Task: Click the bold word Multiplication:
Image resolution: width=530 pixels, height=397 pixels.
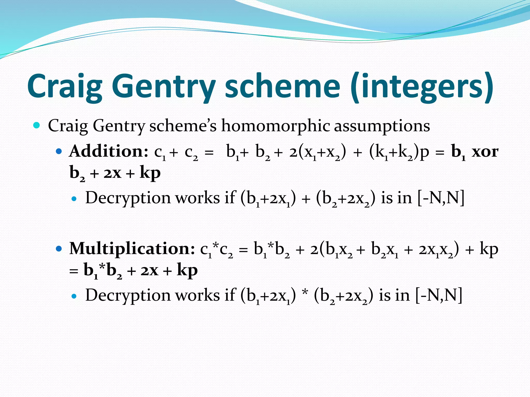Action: (132, 249)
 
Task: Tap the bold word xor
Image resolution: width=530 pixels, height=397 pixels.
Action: (485, 152)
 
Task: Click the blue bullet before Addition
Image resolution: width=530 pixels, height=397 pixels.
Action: (59, 151)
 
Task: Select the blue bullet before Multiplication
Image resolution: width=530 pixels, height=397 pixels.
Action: (59, 249)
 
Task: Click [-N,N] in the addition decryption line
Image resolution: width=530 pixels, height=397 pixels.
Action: (441, 198)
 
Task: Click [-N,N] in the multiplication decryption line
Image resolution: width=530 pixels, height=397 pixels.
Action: (439, 295)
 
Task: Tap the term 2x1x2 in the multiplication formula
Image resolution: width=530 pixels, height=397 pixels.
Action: (436, 250)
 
